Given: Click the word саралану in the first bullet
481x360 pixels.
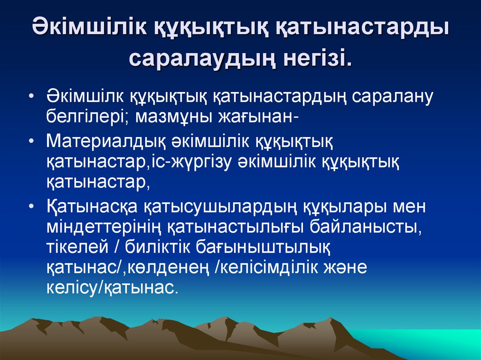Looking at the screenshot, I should click(x=392, y=97).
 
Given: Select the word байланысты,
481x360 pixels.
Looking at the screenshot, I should click(x=365, y=226).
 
